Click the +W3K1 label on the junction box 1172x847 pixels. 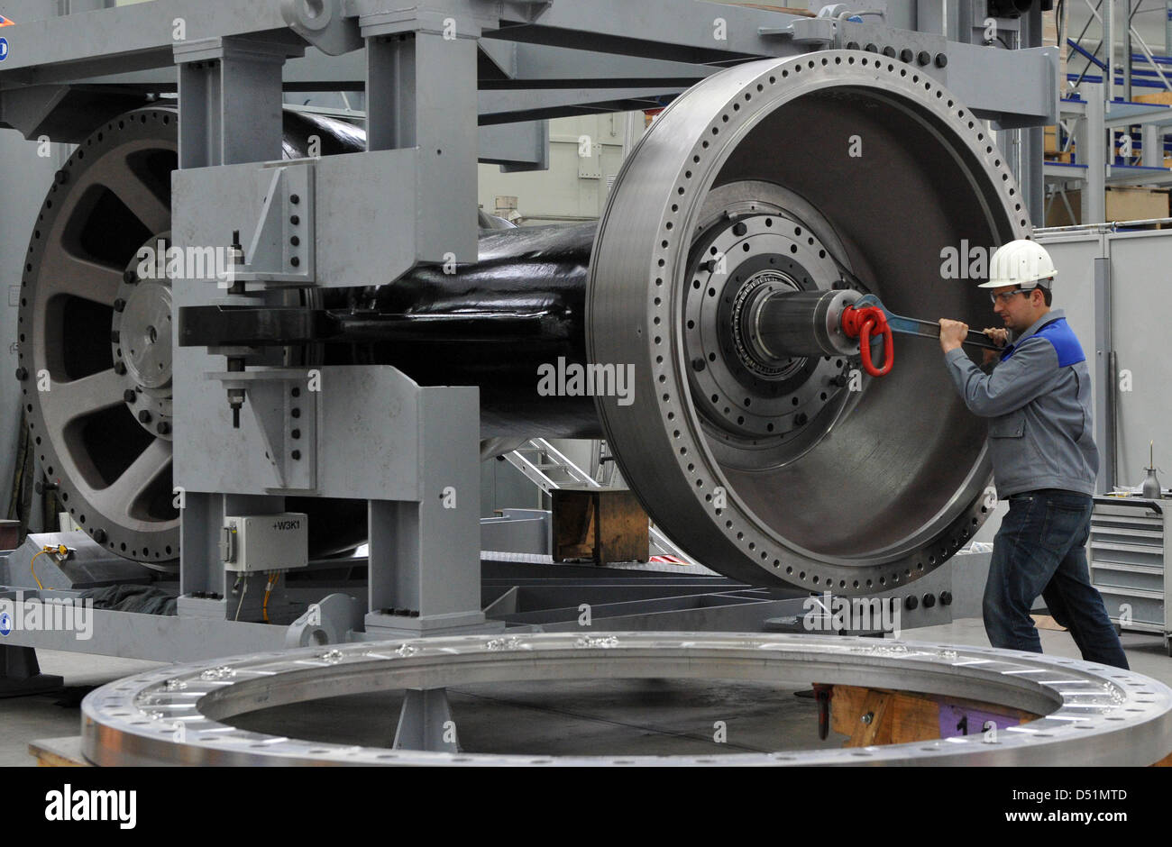click(286, 525)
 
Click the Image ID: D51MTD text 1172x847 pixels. click(1069, 796)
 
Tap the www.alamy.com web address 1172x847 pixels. click(1066, 816)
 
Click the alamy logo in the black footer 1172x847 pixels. click(90, 806)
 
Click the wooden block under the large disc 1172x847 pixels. click(600, 525)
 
